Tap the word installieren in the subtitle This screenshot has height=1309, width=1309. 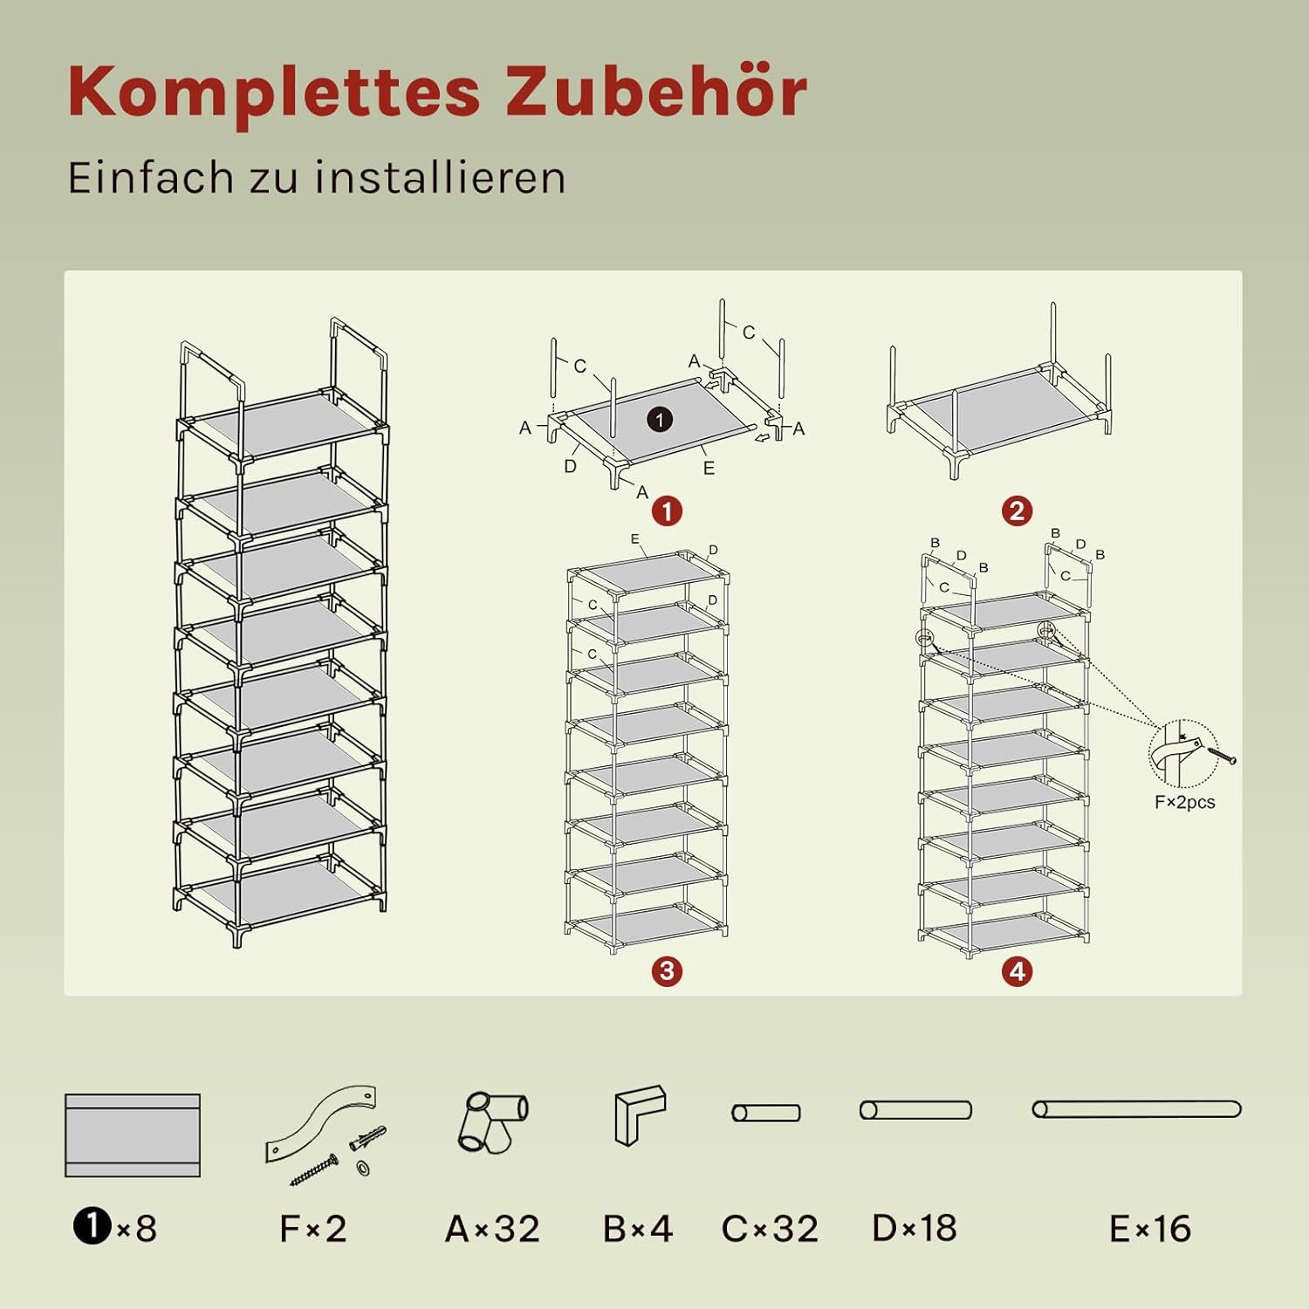[441, 177]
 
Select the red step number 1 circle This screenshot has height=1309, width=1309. [668, 511]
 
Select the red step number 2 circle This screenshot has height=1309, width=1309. [1018, 511]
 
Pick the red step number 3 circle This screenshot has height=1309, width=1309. [668, 971]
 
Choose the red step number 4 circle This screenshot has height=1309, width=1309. [1018, 971]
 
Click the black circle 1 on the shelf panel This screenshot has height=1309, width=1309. [660, 420]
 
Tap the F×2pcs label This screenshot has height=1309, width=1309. [1184, 802]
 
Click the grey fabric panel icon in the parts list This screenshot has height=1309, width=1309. [133, 1135]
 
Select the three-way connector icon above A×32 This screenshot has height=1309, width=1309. [493, 1122]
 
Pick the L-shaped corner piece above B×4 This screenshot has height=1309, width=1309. [640, 1114]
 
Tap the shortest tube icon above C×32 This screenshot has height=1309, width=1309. [766, 1113]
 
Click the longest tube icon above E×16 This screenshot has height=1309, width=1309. [1136, 1109]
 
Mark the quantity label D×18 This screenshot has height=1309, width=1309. [915, 1228]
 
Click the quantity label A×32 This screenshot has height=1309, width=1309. [492, 1229]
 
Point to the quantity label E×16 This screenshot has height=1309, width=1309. [1150, 1229]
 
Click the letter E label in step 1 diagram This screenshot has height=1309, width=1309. [709, 469]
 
